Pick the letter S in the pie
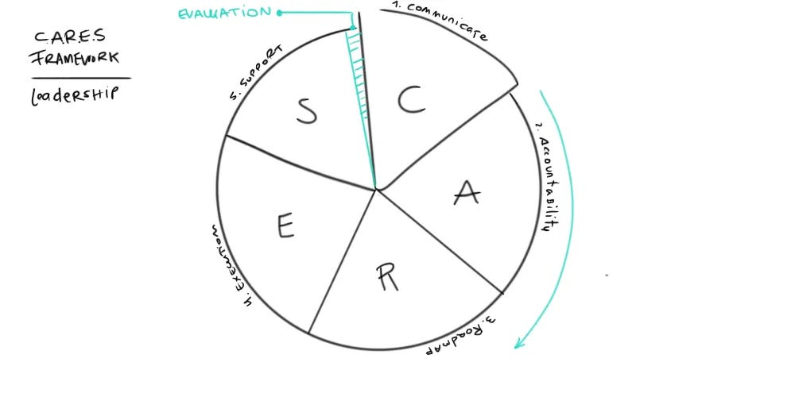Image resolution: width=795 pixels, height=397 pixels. coord(307,112)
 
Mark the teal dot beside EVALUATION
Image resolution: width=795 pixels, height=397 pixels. coord(279,12)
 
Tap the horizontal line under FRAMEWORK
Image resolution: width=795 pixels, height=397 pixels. coord(81,78)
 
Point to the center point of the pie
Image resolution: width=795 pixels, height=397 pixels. coord(376,189)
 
